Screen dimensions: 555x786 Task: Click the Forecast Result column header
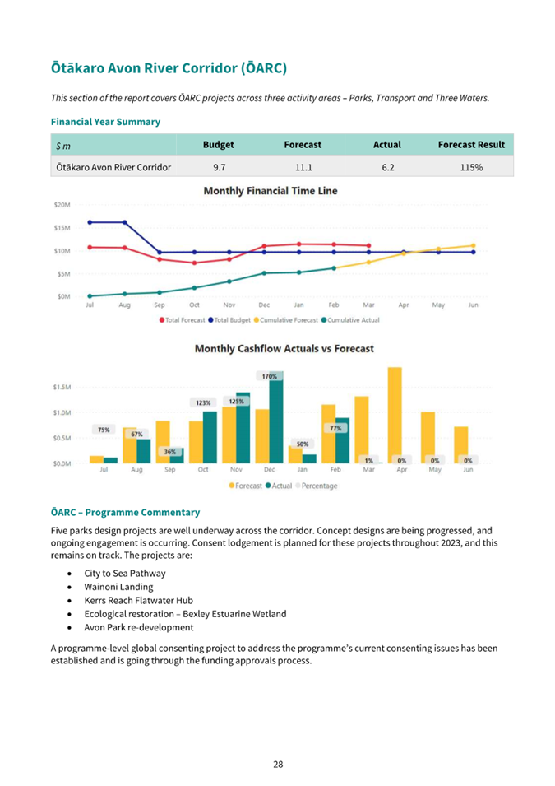(471, 144)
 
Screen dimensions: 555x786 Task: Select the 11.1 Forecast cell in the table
(303, 167)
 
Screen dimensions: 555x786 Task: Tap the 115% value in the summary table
(471, 167)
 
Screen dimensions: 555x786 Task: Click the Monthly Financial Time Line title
(271, 190)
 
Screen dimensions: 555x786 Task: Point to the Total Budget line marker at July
(90, 222)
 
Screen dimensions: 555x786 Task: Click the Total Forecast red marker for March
(368, 245)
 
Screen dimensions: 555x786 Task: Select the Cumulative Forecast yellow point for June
(473, 245)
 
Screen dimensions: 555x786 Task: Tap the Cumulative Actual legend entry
(350, 320)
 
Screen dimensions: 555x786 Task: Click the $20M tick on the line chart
(62, 205)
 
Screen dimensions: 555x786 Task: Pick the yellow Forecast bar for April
(395, 415)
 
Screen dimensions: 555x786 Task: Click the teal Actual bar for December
(276, 417)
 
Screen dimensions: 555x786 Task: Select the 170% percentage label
(270, 376)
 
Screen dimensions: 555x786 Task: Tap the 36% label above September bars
(170, 452)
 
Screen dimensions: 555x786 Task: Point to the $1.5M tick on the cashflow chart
(62, 387)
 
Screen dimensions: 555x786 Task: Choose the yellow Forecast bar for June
(460, 445)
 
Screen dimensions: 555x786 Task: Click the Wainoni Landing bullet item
(118, 587)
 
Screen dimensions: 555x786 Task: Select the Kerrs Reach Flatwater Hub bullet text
(138, 600)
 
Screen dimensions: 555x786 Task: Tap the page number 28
(278, 765)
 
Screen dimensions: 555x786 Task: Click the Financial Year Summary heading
(106, 122)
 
